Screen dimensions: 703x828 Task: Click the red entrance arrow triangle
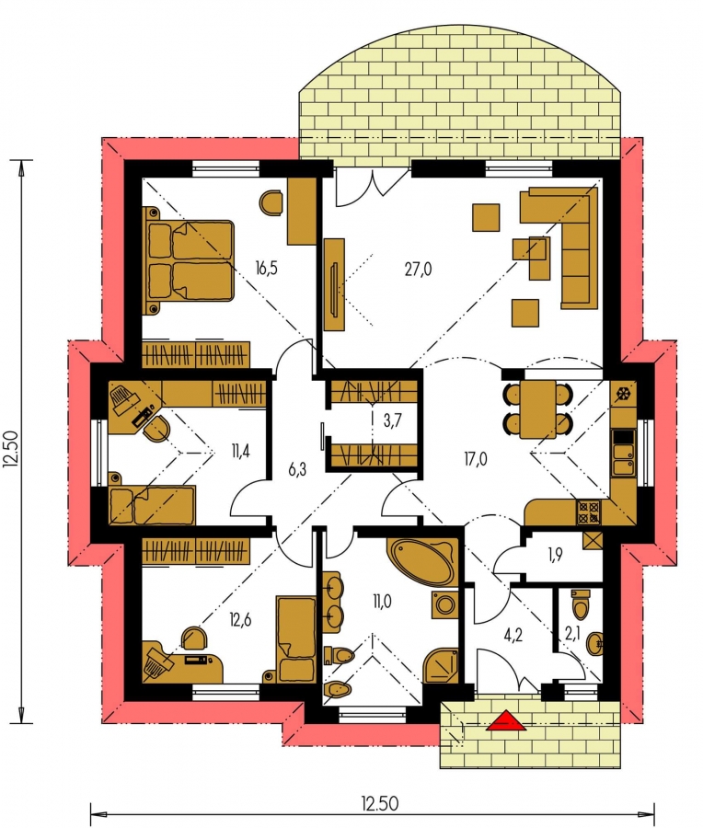pos(506,720)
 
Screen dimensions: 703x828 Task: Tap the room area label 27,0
pos(418,270)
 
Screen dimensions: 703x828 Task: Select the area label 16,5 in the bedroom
pos(266,268)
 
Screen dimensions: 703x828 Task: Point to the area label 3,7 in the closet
pos(392,420)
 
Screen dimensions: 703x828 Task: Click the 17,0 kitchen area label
pos(476,459)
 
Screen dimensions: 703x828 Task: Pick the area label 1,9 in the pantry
pos(555,555)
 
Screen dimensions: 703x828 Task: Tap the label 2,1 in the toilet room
pos(572,633)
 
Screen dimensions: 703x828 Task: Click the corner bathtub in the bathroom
pos(422,562)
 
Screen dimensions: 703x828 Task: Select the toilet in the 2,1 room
pos(580,604)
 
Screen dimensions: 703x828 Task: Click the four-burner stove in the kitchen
pos(588,512)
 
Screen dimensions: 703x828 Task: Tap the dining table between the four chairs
pos(537,409)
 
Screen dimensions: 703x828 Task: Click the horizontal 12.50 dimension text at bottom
pos(380,804)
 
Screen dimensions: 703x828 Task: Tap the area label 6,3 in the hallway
pos(298,469)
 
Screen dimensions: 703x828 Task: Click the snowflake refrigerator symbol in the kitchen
pos(623,394)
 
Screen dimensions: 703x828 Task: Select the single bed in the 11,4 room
pos(152,505)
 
